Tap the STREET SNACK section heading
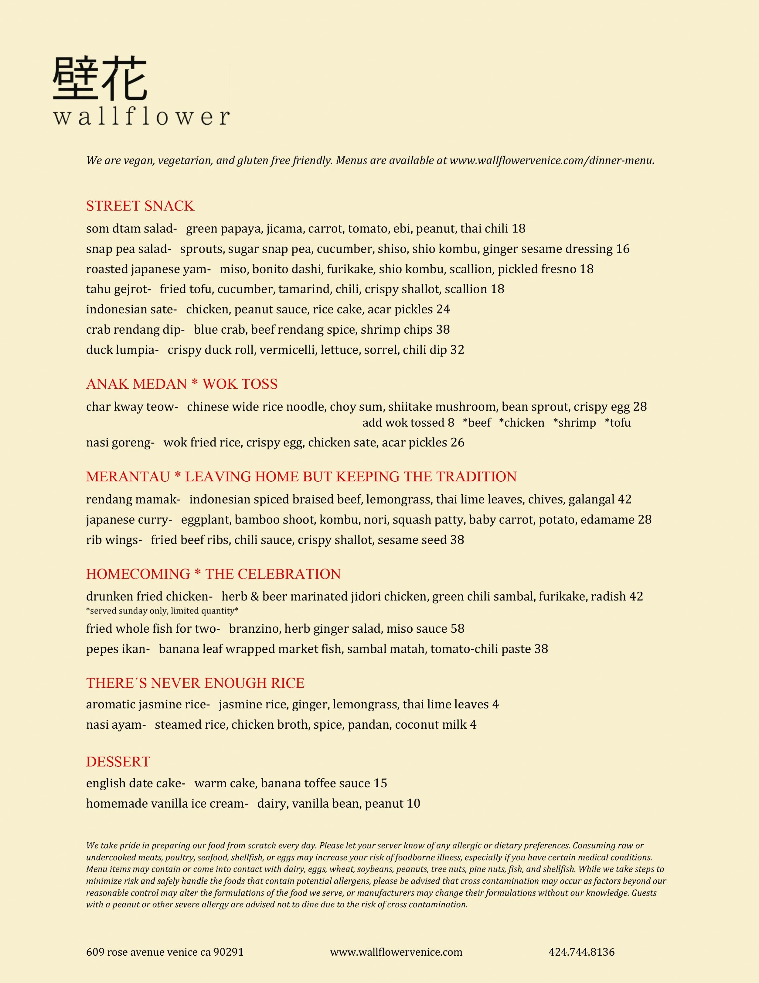coord(140,206)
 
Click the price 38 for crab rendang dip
coord(442,330)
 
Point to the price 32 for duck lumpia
coord(457,350)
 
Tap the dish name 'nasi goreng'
coord(119,443)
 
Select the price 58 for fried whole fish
coord(457,629)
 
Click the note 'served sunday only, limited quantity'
coord(162,611)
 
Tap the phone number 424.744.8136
coord(581,952)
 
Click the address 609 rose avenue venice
coord(165,952)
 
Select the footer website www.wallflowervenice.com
coord(396,952)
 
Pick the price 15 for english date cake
coord(380,784)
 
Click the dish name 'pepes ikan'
coord(117,649)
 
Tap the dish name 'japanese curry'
coord(128,520)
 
